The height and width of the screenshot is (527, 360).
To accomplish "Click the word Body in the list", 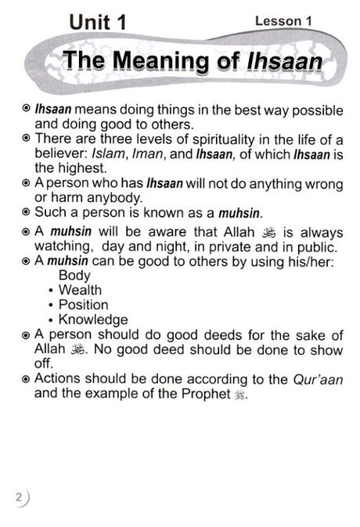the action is pos(74,276).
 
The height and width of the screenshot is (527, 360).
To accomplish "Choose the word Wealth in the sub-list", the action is pos(86,290).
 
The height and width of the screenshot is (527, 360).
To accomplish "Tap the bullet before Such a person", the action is pos(27,212).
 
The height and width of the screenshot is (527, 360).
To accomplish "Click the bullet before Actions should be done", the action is pos(27,379).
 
